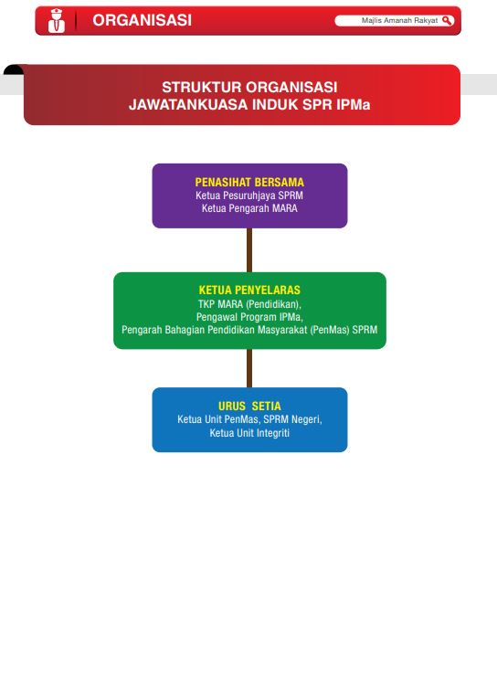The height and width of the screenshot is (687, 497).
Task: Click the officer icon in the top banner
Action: [56, 21]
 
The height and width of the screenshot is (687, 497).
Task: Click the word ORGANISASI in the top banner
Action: [142, 20]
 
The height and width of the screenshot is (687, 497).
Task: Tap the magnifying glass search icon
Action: [447, 20]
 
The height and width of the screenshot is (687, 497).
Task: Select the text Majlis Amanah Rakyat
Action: [399, 20]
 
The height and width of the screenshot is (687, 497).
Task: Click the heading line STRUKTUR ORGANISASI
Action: [249, 87]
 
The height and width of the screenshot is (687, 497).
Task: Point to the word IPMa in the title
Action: [354, 104]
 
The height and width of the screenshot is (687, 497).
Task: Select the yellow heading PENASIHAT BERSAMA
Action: [249, 182]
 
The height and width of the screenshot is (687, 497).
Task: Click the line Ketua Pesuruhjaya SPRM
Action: [249, 196]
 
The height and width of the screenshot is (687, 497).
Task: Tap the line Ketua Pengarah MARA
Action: [249, 208]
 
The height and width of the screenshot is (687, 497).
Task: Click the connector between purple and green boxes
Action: [249, 249]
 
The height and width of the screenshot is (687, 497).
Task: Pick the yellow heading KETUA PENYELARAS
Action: [249, 290]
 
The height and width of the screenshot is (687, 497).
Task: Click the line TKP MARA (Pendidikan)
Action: [249, 304]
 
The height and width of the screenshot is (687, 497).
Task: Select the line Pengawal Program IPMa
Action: [249, 317]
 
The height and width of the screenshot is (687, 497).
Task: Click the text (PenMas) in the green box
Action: [330, 330]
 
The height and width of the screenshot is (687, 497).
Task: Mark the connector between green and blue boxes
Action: [249, 368]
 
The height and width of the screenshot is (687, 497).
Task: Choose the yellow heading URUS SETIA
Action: [249, 406]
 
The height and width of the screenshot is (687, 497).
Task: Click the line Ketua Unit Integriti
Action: [249, 433]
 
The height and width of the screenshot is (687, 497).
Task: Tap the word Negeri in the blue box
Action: [306, 419]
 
